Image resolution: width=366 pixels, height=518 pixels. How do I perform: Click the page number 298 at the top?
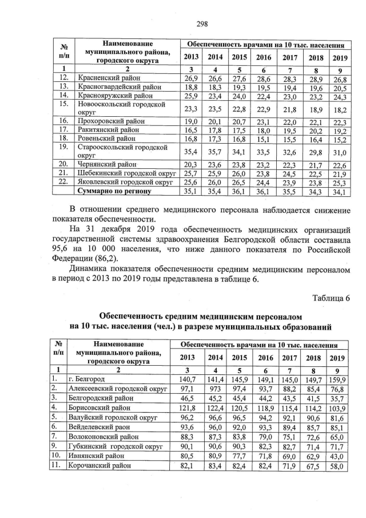click(201, 23)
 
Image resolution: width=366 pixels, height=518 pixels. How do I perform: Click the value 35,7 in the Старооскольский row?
click(215, 151)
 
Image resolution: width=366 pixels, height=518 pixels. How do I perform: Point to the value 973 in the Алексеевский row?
click(215, 389)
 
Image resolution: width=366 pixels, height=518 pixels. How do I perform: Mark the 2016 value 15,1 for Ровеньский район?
click(263, 138)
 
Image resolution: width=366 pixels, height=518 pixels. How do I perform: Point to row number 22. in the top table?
click(64, 182)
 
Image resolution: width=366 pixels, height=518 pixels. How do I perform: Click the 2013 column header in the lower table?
click(188, 357)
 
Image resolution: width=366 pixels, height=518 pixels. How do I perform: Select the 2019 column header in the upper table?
click(340, 57)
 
